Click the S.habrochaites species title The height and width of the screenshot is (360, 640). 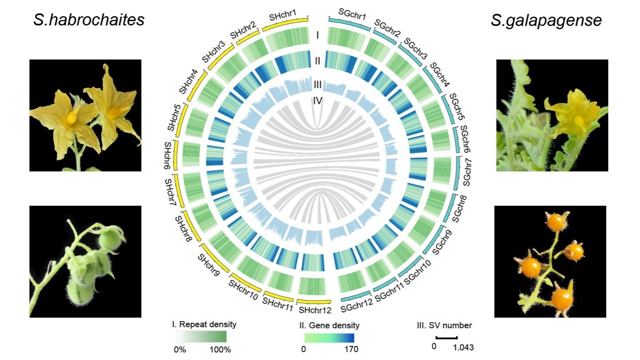89,20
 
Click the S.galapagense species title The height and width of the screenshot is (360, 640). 546,20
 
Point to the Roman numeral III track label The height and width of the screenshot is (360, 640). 318,84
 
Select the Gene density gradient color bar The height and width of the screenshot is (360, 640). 329,336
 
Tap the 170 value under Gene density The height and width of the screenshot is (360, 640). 352,348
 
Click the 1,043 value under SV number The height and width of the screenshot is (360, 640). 463,347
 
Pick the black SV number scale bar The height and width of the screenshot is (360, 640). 446,337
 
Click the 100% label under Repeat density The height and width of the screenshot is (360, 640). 220,349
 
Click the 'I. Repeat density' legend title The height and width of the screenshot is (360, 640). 204,324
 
